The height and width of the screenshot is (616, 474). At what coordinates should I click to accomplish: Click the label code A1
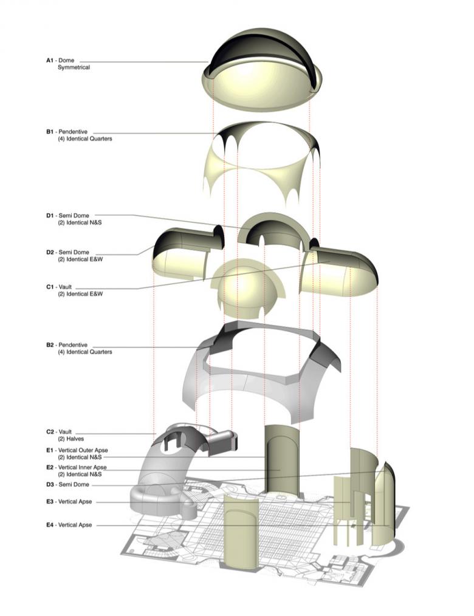click(50, 61)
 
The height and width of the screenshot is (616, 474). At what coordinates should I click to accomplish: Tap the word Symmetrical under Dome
click(74, 67)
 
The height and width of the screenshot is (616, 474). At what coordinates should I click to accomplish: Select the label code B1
click(50, 132)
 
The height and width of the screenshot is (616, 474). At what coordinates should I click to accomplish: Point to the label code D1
click(50, 216)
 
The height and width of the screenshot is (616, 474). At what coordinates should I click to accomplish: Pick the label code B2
click(50, 345)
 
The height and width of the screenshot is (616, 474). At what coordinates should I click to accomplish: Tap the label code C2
click(50, 431)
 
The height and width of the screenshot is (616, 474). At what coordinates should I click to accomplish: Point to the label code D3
click(50, 484)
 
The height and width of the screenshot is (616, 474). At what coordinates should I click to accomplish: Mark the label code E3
click(50, 502)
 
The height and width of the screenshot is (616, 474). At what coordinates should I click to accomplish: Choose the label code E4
click(50, 524)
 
